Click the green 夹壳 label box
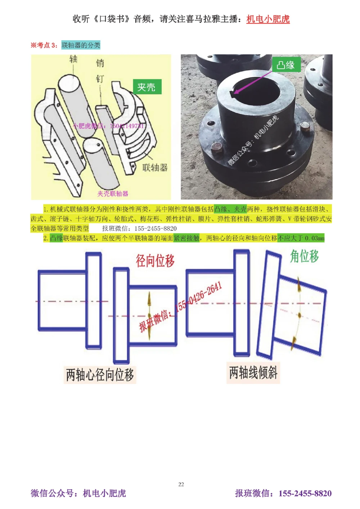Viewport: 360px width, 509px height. click(147, 87)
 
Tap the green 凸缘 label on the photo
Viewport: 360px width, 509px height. click(285, 65)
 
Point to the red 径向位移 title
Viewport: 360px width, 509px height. click(155, 260)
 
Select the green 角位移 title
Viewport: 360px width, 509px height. click(305, 256)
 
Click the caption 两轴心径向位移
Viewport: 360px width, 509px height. click(100, 374)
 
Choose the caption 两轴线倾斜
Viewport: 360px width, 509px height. click(253, 372)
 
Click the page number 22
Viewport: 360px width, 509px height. click(181, 484)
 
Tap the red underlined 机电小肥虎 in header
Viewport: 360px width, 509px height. click(268, 19)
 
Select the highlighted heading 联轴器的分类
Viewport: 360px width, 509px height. click(81, 45)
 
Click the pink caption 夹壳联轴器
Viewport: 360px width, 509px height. click(113, 194)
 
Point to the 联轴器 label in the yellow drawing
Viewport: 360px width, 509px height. click(155, 167)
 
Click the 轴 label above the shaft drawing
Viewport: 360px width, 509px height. click(73, 59)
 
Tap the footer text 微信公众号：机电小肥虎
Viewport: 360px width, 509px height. click(78, 493)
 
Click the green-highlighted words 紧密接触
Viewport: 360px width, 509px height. click(186, 238)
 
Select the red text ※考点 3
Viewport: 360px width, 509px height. click(44, 45)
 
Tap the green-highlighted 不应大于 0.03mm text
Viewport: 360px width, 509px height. click(301, 238)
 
